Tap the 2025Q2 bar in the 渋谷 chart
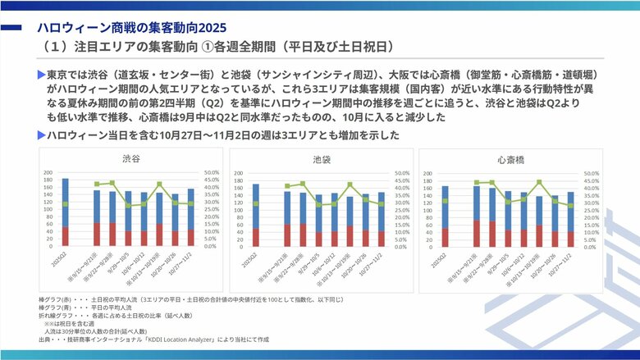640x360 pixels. pos(66,212)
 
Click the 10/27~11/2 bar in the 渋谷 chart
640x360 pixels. pos(191,217)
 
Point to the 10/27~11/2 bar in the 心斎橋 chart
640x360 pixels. pos(570,219)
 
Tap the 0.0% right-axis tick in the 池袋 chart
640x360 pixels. pos(401,246)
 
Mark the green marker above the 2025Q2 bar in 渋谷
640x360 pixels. pos(66,203)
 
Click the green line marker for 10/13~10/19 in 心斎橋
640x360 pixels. pos(540,182)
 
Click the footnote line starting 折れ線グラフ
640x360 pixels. pos(124,314)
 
